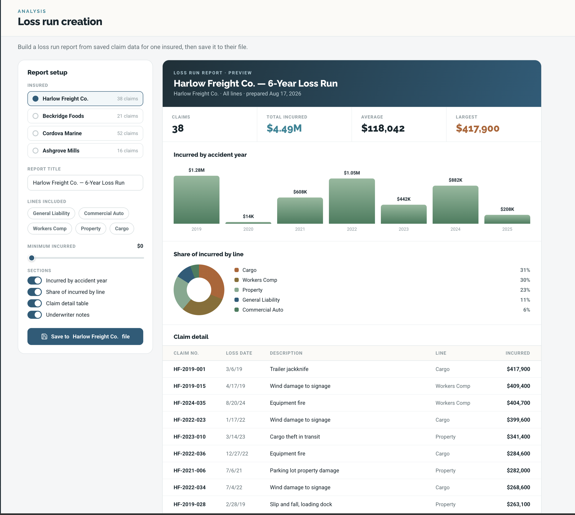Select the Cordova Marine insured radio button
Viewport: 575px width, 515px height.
tap(35, 133)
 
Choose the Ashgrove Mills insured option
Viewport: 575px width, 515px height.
tap(85, 150)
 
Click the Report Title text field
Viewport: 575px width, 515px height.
tap(85, 183)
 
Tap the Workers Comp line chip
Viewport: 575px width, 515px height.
tap(50, 229)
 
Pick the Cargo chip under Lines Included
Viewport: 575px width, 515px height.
tap(122, 229)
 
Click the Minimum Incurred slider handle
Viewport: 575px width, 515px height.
tap(32, 258)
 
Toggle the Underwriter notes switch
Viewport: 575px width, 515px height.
tap(34, 315)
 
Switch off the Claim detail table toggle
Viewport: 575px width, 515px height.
tap(34, 303)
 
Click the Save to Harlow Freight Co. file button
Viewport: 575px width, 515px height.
tap(85, 337)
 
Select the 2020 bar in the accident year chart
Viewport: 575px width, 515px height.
tap(248, 223)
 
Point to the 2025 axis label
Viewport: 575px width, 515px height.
tap(507, 229)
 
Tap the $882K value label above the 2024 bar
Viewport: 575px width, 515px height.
tap(455, 180)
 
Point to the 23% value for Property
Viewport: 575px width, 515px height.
tap(525, 290)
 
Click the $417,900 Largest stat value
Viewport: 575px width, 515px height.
tap(477, 129)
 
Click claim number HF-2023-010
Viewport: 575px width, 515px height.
tap(190, 437)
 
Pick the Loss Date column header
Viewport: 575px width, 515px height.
tap(239, 353)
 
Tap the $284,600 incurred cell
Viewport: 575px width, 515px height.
tap(518, 454)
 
